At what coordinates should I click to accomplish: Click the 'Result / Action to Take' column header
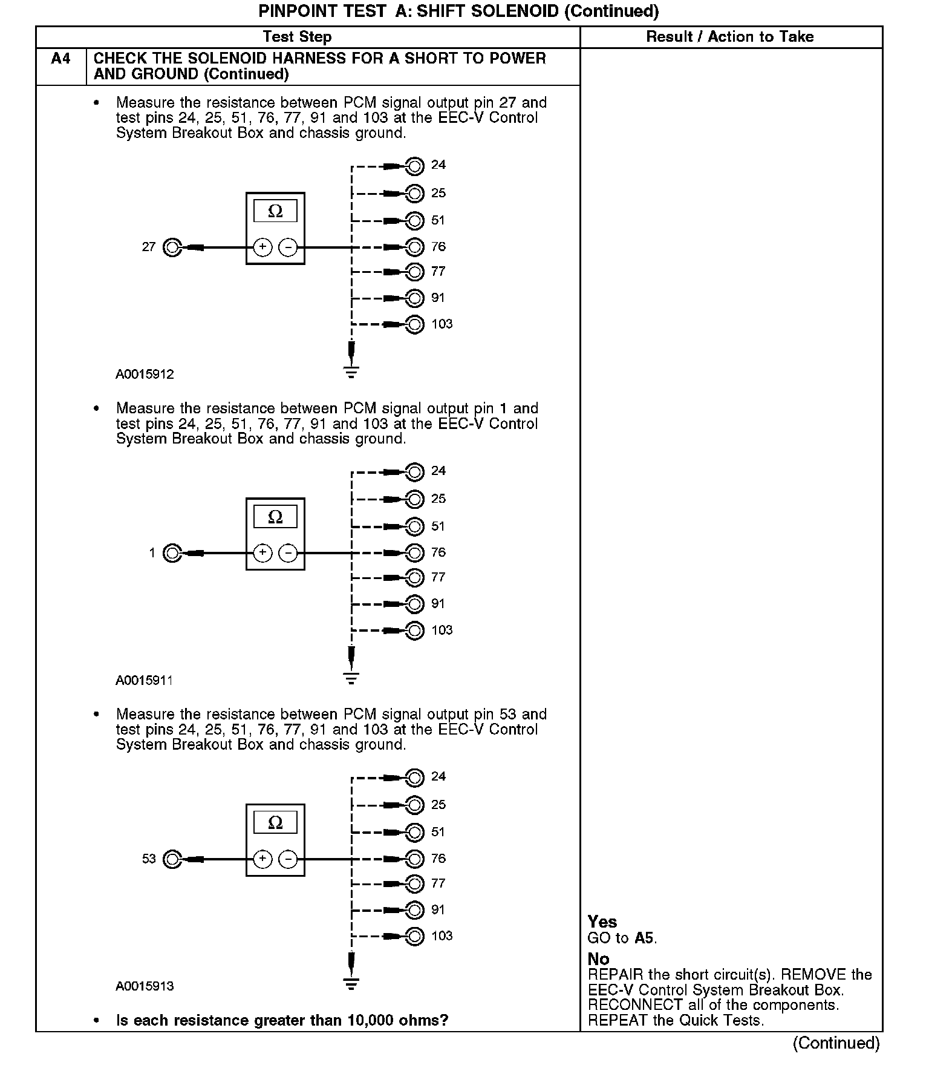tap(730, 37)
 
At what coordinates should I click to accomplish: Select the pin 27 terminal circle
tap(172, 247)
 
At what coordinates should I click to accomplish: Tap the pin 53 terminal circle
tap(172, 859)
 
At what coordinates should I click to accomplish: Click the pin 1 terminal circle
tap(172, 553)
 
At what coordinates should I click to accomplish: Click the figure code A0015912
tap(145, 375)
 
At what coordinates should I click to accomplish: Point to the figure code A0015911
tap(145, 681)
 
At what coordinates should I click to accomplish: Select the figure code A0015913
tap(145, 986)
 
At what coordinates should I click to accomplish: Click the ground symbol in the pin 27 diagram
tap(351, 372)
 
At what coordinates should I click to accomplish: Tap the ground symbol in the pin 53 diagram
tap(351, 983)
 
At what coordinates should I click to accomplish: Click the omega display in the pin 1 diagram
tap(275, 517)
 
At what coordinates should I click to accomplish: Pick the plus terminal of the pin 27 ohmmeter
tap(262, 247)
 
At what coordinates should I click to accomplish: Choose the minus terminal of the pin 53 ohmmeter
tap(288, 859)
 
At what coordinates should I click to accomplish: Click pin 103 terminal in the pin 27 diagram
tap(415, 325)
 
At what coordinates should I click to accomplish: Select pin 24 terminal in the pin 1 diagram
tap(415, 471)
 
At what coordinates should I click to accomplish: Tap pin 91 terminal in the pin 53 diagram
tap(415, 910)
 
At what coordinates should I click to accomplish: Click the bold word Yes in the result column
tap(602, 922)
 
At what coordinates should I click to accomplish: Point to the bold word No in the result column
tap(598, 959)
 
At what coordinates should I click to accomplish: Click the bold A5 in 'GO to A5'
tap(645, 938)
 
